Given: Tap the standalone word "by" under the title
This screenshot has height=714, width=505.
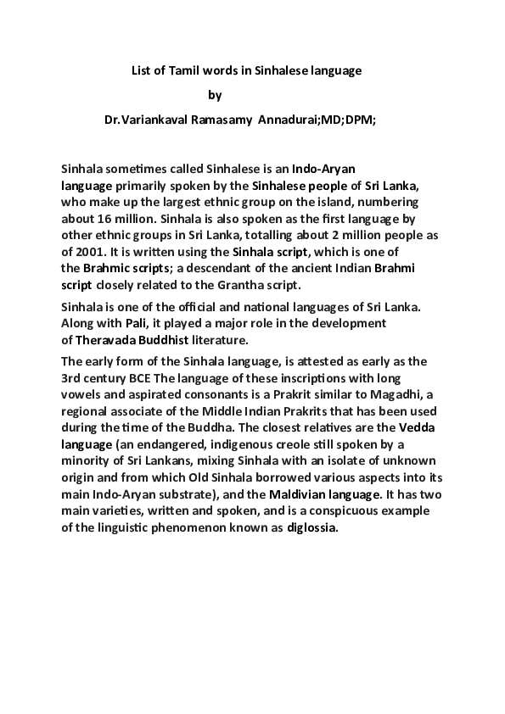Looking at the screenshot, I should point(215,96).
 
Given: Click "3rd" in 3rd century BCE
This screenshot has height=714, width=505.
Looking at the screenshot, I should point(73,377).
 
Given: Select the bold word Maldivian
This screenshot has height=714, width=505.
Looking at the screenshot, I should point(334,494).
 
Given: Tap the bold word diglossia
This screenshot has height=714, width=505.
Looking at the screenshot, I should point(313,527).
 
